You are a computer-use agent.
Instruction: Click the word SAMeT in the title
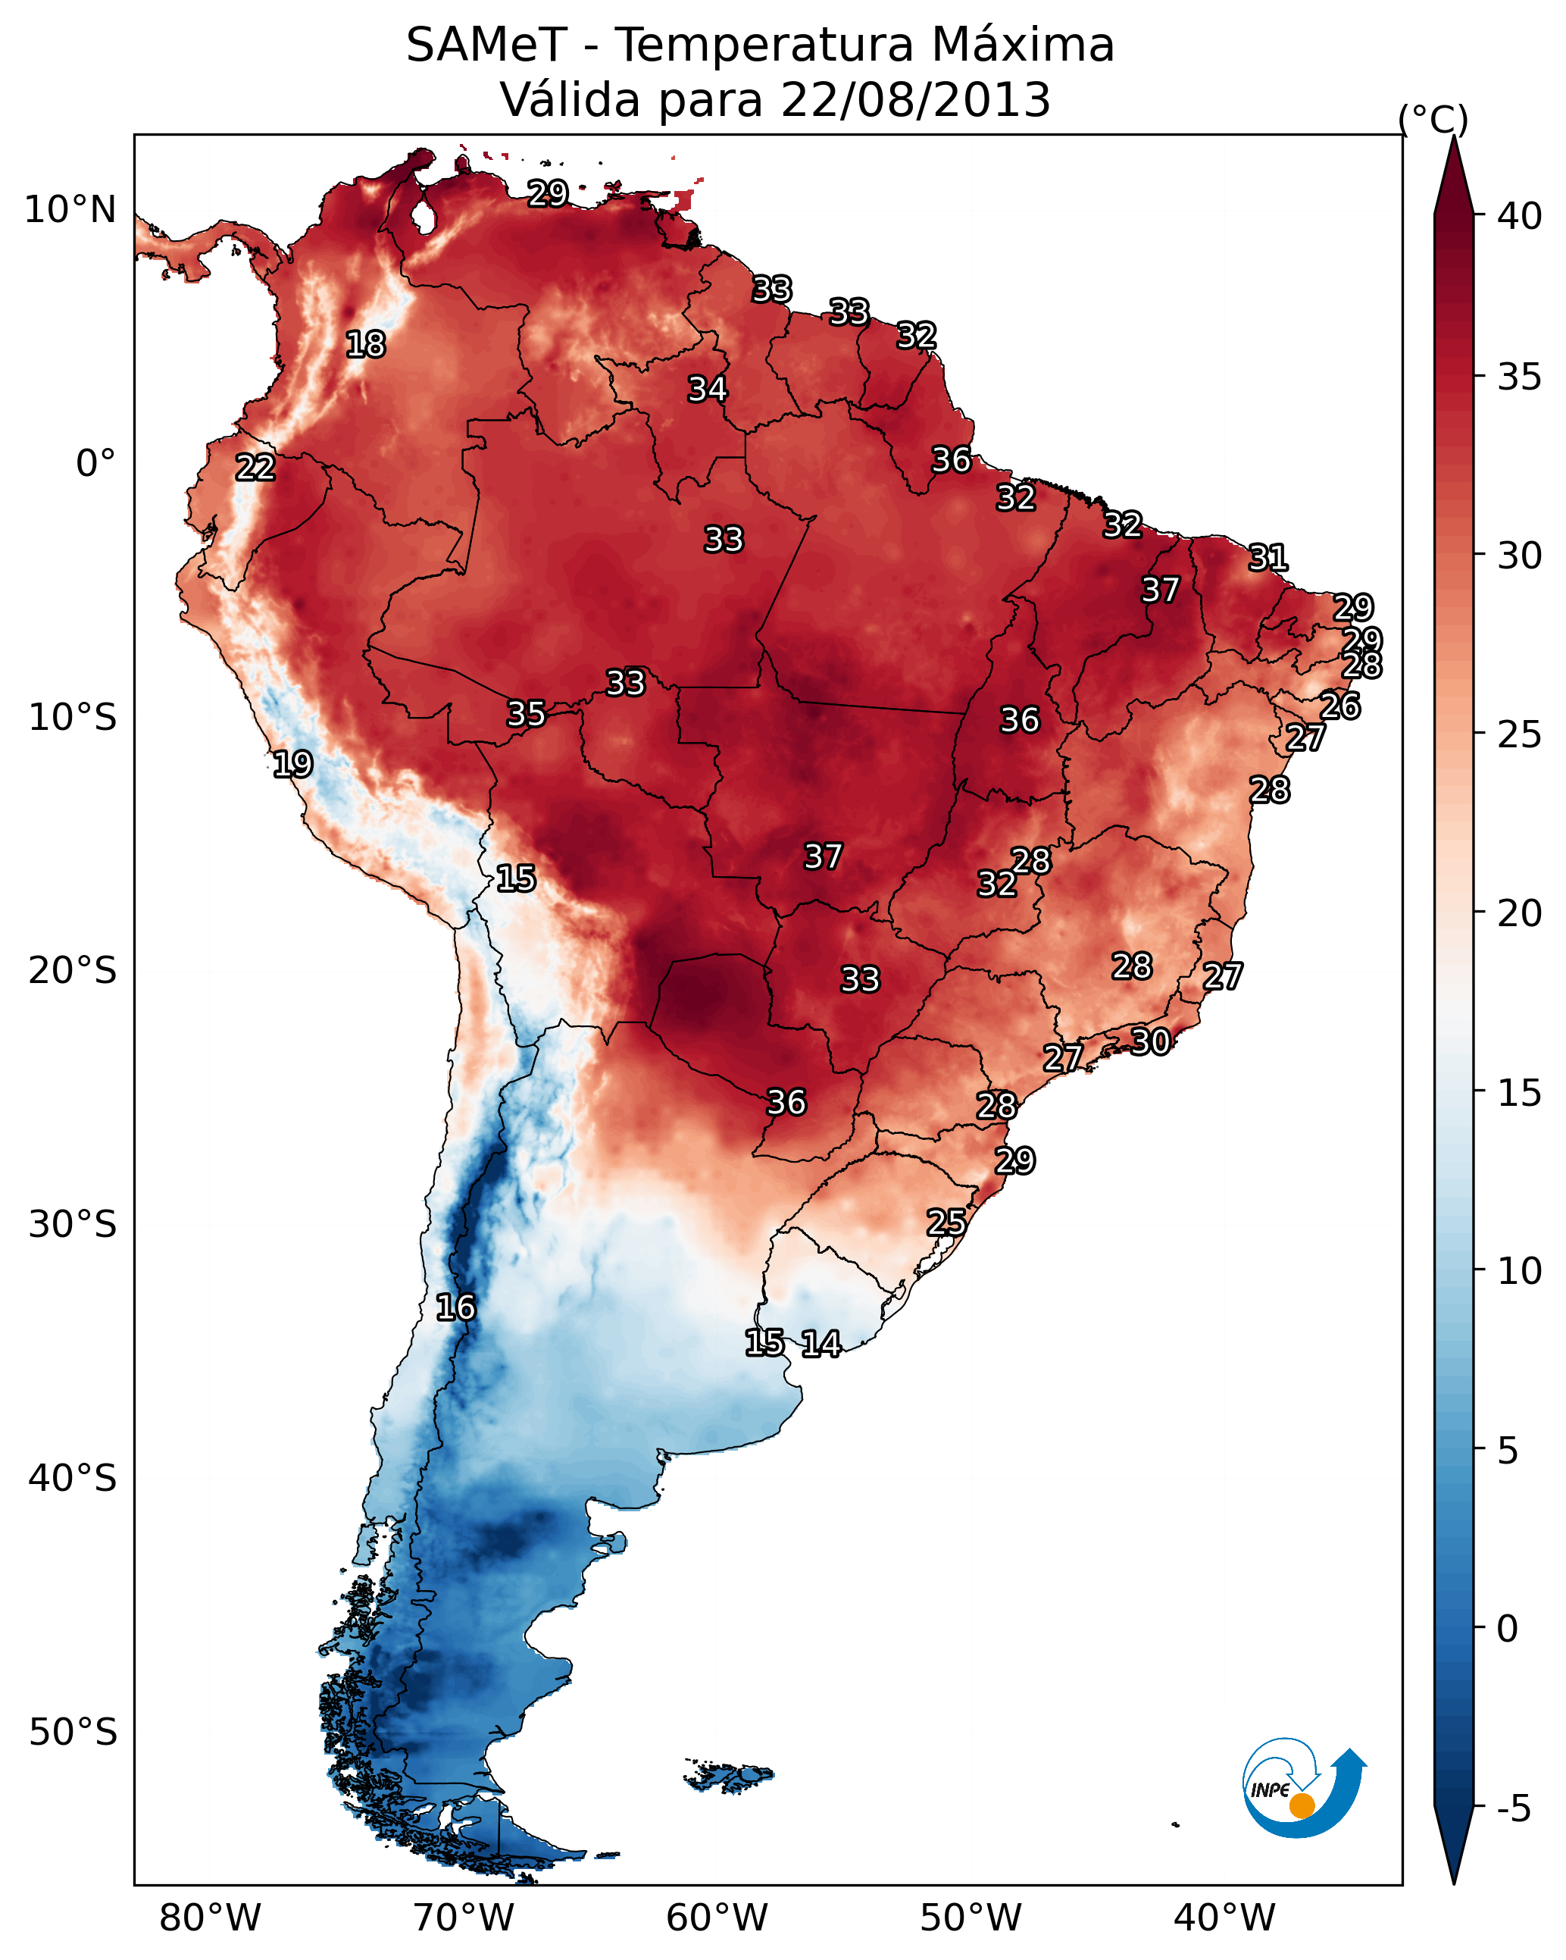point(486,45)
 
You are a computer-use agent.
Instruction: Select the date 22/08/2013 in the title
point(915,100)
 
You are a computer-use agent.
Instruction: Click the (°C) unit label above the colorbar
point(1433,119)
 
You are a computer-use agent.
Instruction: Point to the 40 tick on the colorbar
point(1520,216)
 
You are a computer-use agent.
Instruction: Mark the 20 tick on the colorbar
point(1520,913)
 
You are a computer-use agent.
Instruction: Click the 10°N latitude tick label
point(70,210)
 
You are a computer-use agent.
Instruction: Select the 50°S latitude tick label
point(73,1733)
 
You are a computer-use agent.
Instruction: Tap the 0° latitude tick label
point(95,464)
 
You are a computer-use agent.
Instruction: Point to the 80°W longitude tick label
point(210,1918)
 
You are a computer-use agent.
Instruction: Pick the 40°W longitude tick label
point(1224,1918)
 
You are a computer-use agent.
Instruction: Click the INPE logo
point(1303,1788)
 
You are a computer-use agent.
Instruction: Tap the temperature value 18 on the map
point(365,345)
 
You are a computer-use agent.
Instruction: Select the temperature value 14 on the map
point(821,1344)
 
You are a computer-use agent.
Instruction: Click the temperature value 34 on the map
point(707,389)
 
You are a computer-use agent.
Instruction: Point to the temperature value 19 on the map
point(292,764)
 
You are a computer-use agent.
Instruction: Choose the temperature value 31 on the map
point(1268,557)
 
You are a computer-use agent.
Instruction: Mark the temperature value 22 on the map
point(255,468)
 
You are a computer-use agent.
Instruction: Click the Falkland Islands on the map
point(729,1777)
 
